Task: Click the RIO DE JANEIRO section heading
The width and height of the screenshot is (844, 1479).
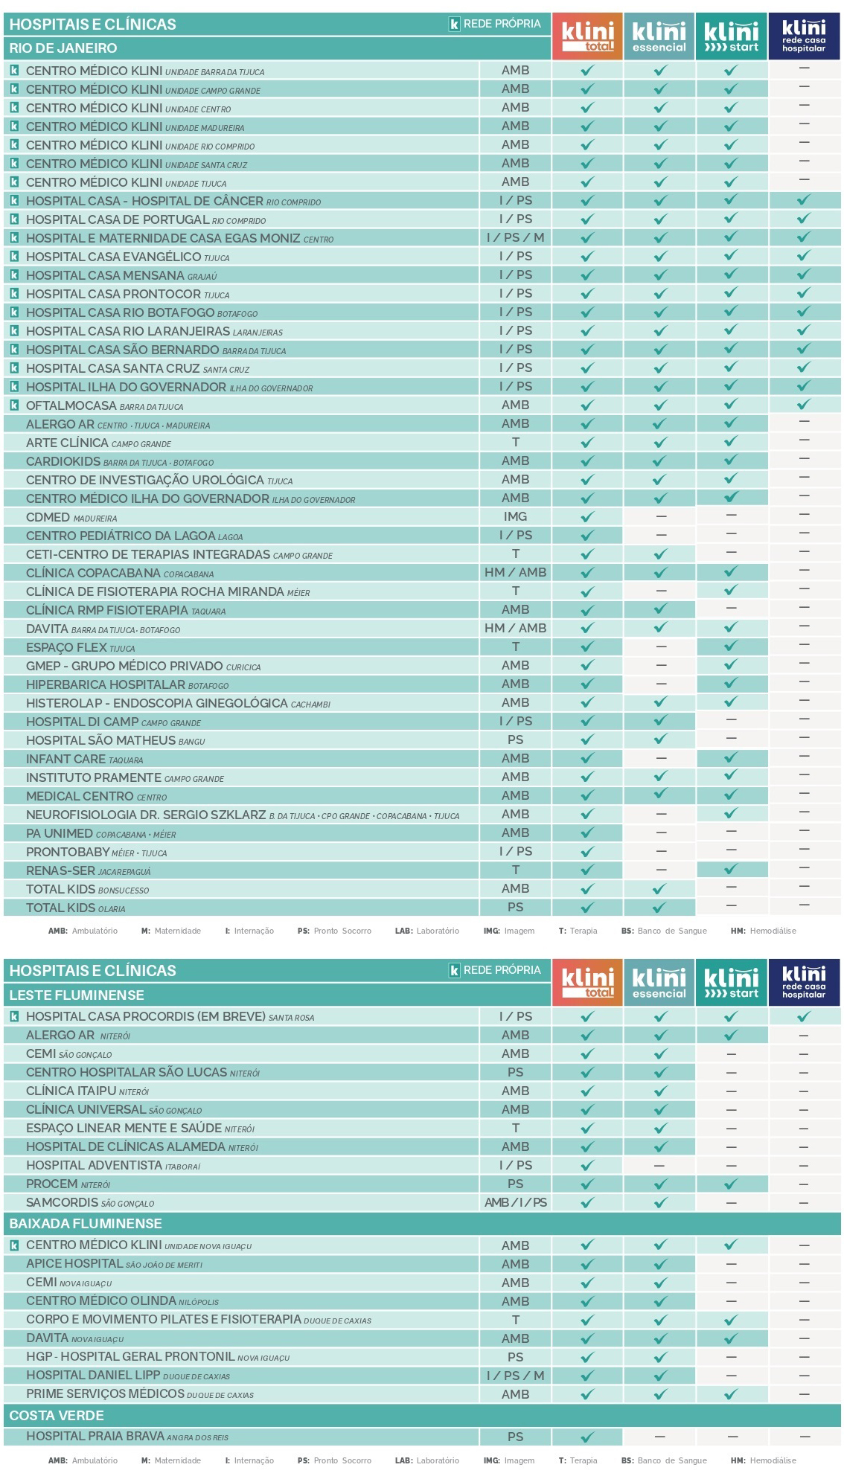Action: [x=63, y=48]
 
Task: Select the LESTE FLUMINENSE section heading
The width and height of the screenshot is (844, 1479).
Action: [x=77, y=995]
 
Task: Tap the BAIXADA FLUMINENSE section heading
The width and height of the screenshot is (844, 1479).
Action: [x=86, y=1224]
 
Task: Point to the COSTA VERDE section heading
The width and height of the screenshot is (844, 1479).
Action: [x=57, y=1416]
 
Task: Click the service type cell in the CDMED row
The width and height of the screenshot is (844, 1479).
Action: [x=515, y=517]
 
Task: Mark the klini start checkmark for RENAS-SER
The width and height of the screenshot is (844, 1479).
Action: [x=731, y=870]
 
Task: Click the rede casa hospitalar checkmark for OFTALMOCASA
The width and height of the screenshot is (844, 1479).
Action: [x=803, y=405]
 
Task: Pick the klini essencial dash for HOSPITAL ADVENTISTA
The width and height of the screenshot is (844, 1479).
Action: [x=659, y=1166]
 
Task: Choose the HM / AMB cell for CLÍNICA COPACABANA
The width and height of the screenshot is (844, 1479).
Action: [x=515, y=573]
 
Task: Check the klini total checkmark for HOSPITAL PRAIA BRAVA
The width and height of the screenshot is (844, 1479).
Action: [x=587, y=1437]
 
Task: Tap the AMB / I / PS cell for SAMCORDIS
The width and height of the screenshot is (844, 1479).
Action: [x=515, y=1203]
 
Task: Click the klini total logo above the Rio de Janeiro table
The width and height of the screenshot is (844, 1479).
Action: [x=587, y=36]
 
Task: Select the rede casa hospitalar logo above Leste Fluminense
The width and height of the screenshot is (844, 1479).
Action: [x=803, y=982]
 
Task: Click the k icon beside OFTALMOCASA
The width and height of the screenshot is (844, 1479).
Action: [x=14, y=405]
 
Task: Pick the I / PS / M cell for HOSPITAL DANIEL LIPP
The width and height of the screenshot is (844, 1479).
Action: [x=515, y=1376]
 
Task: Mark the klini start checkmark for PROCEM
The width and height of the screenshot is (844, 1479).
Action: [x=731, y=1184]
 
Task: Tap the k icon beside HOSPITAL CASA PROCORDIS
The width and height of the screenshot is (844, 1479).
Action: [x=14, y=1017]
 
